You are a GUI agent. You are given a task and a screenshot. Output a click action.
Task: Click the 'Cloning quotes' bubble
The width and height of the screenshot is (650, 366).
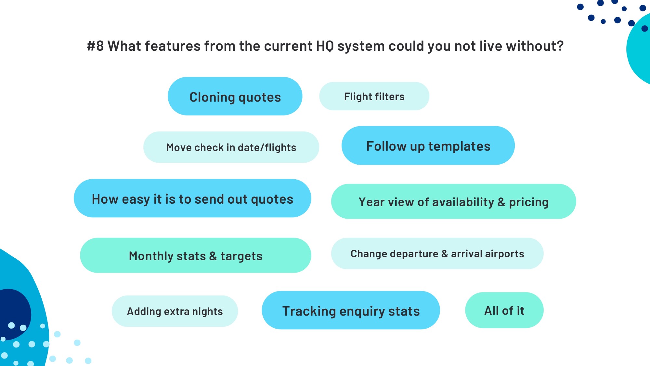235,96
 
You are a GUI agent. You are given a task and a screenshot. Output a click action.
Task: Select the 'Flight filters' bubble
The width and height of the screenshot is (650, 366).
374,96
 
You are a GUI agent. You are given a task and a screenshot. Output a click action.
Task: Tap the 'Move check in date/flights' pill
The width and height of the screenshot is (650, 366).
231,147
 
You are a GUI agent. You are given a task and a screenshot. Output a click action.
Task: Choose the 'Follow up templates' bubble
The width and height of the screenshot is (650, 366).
428,145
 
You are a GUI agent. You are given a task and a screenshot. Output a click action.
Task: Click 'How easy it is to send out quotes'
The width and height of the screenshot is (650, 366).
192,198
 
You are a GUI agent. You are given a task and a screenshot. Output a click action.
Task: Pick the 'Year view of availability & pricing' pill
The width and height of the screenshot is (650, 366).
453,201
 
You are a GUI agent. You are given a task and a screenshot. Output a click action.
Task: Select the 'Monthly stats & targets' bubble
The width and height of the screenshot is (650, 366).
195,255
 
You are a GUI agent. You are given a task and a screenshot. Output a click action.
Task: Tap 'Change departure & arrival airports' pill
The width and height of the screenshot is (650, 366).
437,253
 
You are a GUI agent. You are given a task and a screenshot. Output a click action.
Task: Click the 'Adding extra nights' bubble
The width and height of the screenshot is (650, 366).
175,311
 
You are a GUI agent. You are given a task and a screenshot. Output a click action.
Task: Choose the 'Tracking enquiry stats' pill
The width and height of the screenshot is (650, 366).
351,310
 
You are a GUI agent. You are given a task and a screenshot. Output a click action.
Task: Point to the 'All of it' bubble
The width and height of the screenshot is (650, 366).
504,310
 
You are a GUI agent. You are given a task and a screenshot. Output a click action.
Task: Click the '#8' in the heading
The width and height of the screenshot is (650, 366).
95,46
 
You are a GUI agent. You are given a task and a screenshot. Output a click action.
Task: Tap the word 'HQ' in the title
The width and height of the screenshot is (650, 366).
325,46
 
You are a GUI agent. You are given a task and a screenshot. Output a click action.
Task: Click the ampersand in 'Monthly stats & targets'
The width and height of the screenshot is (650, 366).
213,256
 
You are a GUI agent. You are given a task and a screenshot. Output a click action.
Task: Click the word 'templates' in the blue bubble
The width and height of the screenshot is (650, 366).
459,146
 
